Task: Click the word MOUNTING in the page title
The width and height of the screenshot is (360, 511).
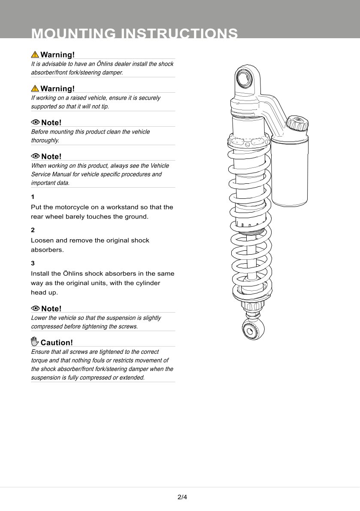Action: [x=73, y=34]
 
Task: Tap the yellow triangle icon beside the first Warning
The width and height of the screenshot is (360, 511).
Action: [x=35, y=55]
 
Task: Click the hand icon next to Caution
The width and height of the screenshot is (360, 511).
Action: [x=35, y=342]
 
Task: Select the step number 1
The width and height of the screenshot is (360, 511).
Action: [x=33, y=197]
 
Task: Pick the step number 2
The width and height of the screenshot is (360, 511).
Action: [x=33, y=230]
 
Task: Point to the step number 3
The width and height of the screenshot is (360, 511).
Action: [x=33, y=263]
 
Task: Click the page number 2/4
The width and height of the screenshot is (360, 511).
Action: [x=182, y=497]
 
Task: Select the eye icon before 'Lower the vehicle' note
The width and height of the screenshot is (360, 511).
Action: [x=35, y=308]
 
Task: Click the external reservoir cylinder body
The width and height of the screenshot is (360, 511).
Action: [x=290, y=172]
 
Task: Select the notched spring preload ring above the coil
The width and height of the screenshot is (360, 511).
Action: [x=248, y=142]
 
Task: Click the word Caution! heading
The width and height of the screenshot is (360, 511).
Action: [x=57, y=343]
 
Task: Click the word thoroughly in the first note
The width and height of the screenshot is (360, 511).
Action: [x=45, y=140]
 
